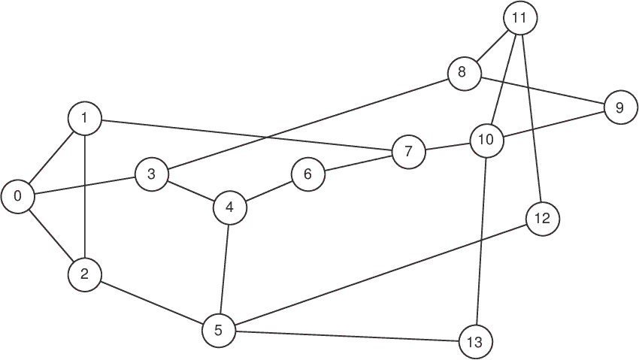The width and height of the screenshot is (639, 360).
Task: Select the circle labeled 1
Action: pos(84,118)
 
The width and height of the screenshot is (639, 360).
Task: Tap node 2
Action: pos(84,275)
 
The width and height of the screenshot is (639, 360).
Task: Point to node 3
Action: pos(152,175)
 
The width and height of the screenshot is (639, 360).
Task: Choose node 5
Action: pos(219,330)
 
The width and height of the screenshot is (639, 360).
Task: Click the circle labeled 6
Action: pos(307,174)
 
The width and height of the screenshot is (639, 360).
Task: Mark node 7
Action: pos(408,151)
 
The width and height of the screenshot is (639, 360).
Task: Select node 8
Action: pos(462,73)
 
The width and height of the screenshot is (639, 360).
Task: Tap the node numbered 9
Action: pos(619,107)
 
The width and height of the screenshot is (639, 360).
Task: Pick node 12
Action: pos(543,219)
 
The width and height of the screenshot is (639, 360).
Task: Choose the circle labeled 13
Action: pos(474,342)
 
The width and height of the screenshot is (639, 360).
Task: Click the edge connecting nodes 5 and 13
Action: pos(346,336)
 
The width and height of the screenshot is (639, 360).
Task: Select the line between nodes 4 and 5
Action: pos(225,268)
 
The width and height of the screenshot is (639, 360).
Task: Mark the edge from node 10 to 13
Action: pos(480,241)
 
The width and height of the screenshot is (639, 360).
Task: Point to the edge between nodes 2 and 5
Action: pos(151,302)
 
